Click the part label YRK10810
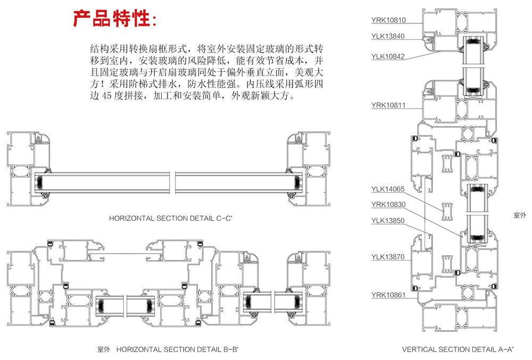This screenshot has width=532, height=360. pyautogui.click(x=388, y=21)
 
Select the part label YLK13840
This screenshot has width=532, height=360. pyautogui.click(x=388, y=36)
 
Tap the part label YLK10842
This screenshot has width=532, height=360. pyautogui.click(x=388, y=56)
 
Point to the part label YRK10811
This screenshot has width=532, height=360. pyautogui.click(x=388, y=105)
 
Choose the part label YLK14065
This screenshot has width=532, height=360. pyautogui.click(x=388, y=189)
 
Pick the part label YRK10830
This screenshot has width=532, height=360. pyautogui.click(x=388, y=204)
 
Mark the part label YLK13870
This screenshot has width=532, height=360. pyautogui.click(x=388, y=257)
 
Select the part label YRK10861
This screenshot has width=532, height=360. pyautogui.click(x=388, y=294)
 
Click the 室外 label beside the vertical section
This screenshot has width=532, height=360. pyautogui.click(x=519, y=215)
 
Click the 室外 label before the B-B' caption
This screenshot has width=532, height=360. pyautogui.click(x=103, y=349)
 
